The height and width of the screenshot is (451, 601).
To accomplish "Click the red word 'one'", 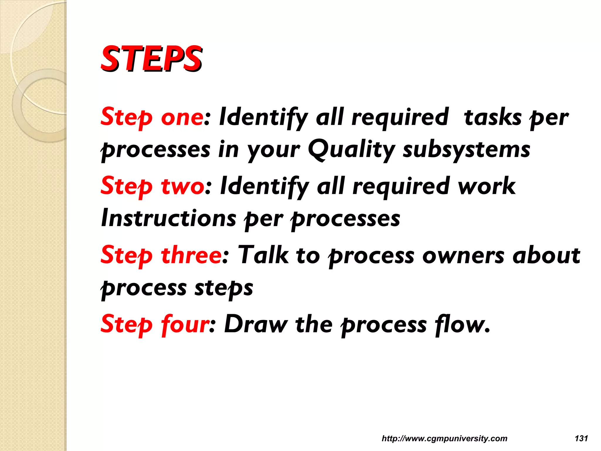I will pos(182,117).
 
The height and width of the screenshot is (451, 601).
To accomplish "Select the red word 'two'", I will pos(182,186).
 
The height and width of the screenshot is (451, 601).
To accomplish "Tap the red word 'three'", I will pos(191,255).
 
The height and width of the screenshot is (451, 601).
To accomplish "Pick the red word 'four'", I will pos(185,324).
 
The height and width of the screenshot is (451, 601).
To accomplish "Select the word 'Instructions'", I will pos(168,218).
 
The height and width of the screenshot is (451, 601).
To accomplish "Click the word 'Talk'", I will pos(263,255).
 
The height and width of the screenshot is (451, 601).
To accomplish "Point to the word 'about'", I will pos(546,255).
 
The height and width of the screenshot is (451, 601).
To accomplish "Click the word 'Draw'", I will pos(256,324).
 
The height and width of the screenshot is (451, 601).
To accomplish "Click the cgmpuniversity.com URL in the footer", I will pos(444,438).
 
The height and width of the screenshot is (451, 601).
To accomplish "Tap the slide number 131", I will pos(581,438).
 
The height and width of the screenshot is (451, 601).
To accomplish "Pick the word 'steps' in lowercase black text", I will pos(224,288).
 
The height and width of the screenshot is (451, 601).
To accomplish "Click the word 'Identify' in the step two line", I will pos(264,186).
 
